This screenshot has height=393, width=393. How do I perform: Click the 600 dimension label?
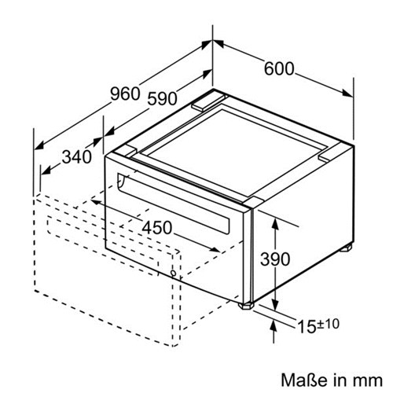pyautogui.click(x=279, y=69)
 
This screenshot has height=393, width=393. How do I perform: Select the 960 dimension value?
pyautogui.click(x=125, y=94)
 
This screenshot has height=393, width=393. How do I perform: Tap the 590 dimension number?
pyautogui.click(x=162, y=99)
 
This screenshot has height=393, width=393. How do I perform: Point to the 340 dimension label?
pyautogui.click(x=77, y=157)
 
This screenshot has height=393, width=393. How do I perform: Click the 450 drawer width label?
pyautogui.click(x=157, y=227)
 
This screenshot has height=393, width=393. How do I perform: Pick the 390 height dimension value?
pyautogui.click(x=275, y=259)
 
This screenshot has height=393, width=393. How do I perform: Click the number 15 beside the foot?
pyautogui.click(x=307, y=327)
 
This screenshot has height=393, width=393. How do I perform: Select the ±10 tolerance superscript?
pyautogui.click(x=328, y=324)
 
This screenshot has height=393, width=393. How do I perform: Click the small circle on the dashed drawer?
pyautogui.click(x=173, y=274)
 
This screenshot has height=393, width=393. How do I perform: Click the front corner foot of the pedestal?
pyautogui.click(x=246, y=306)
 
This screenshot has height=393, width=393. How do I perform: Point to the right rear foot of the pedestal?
pyautogui.click(x=346, y=248)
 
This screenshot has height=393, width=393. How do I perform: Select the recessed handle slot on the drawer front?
pyautogui.click(x=174, y=204)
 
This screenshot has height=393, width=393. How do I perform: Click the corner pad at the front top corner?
pyautogui.click(x=253, y=203)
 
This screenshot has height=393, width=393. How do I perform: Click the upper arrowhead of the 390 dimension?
pyautogui.click(x=275, y=222)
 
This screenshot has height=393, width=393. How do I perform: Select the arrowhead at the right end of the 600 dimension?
pyautogui.click(x=348, y=94)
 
